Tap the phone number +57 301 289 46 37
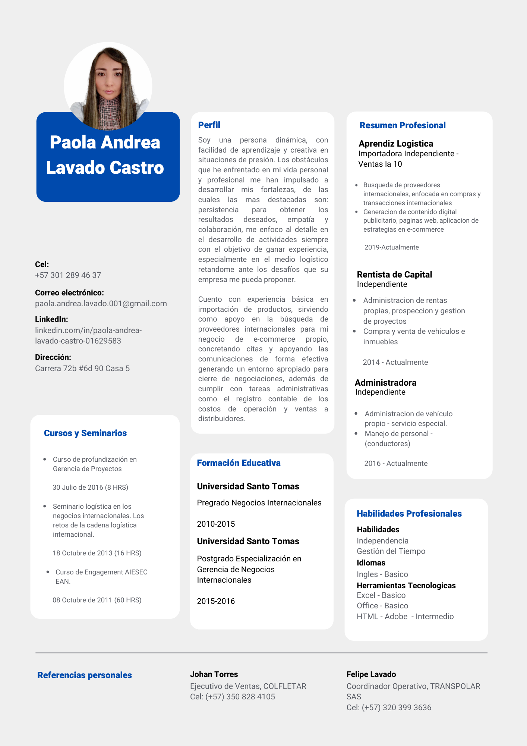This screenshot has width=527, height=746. click(68, 275)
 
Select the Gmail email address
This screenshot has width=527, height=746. click(101, 304)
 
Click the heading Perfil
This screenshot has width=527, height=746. click(209, 125)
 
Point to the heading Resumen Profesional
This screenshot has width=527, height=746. click(403, 125)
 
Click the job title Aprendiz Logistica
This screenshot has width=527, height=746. click(396, 144)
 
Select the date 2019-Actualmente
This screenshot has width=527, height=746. click(391, 247)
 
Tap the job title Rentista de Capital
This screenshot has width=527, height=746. click(394, 275)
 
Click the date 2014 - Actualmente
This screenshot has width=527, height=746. click(395, 362)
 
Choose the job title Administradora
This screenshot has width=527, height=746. click(385, 383)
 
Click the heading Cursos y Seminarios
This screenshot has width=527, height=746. click(85, 433)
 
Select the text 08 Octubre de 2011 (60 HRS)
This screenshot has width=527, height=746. click(97, 600)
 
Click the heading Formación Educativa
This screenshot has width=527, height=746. click(239, 463)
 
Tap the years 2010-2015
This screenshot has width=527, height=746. click(216, 524)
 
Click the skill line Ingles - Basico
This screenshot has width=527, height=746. click(382, 574)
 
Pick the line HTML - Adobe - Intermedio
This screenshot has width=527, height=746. click(405, 617)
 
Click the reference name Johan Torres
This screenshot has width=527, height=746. click(214, 674)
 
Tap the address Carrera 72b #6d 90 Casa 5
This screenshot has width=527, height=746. click(82, 369)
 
